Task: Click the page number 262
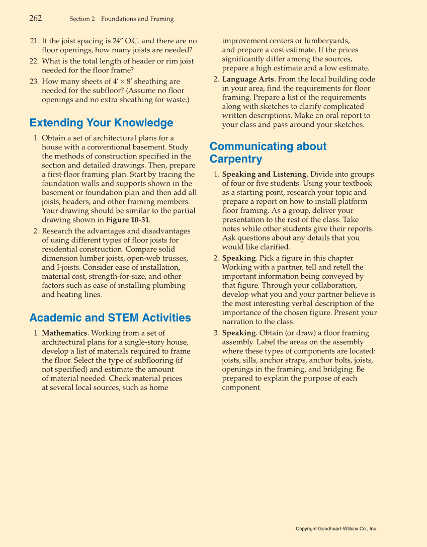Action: click(x=35, y=19)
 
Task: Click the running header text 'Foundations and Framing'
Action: click(x=137, y=19)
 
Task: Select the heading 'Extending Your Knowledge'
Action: click(x=101, y=123)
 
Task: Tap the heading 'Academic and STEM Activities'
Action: click(x=110, y=318)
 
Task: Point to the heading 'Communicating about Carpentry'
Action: click(x=268, y=152)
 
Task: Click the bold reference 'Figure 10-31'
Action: click(x=128, y=220)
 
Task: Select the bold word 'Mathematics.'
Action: click(x=65, y=333)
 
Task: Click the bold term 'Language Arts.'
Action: click(x=248, y=80)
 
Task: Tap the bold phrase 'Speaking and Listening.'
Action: click(x=265, y=175)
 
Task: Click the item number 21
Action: click(x=34, y=41)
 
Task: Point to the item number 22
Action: click(x=34, y=61)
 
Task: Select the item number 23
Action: click(x=34, y=82)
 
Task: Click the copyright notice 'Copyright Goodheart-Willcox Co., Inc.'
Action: click(x=336, y=529)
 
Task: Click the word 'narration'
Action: click(x=239, y=322)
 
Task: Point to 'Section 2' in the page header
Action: click(x=82, y=19)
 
